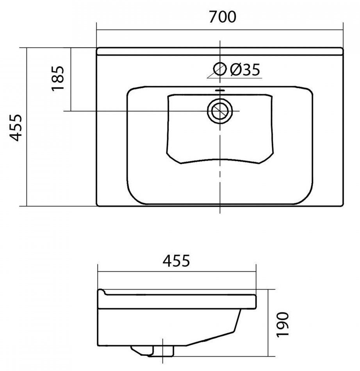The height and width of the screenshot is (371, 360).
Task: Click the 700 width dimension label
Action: pyautogui.click(x=223, y=17)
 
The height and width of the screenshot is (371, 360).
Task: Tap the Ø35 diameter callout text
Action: pyautogui.click(x=245, y=69)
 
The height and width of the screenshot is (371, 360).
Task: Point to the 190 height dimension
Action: pyautogui.click(x=283, y=324)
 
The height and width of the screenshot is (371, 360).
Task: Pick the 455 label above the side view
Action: pyautogui.click(x=176, y=261)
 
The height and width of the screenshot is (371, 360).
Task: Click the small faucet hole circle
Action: pyautogui.click(x=219, y=69)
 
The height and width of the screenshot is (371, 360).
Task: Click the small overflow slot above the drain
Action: pyautogui.click(x=220, y=91)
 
